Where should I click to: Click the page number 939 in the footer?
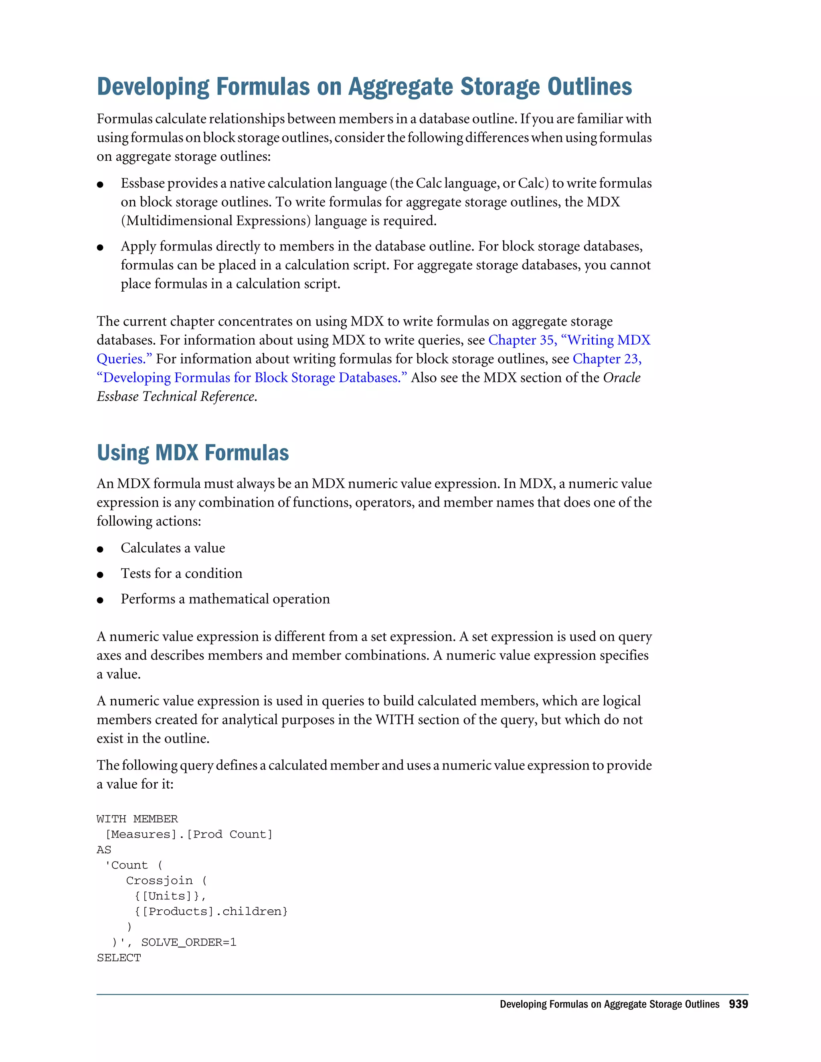pyautogui.click(x=738, y=1004)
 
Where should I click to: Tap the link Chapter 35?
pyautogui.click(x=522, y=340)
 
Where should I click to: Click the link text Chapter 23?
pyautogui.click(x=606, y=359)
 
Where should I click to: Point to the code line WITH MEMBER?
pyautogui.click(x=137, y=819)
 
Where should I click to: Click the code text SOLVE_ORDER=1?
pyautogui.click(x=189, y=943)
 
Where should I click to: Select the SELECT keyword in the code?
pyautogui.click(x=119, y=958)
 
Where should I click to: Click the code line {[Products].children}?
pyautogui.click(x=211, y=911)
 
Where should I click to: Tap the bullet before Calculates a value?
pyautogui.click(x=100, y=549)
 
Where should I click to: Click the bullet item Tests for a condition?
pyautogui.click(x=182, y=573)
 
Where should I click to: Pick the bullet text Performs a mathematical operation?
pyautogui.click(x=225, y=599)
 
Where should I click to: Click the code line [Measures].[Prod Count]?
pyautogui.click(x=189, y=834)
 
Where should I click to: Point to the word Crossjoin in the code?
pyautogui.click(x=159, y=880)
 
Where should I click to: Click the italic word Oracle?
pyautogui.click(x=622, y=378)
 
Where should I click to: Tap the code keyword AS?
pyautogui.click(x=104, y=850)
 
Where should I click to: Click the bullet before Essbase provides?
pyautogui.click(x=100, y=185)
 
